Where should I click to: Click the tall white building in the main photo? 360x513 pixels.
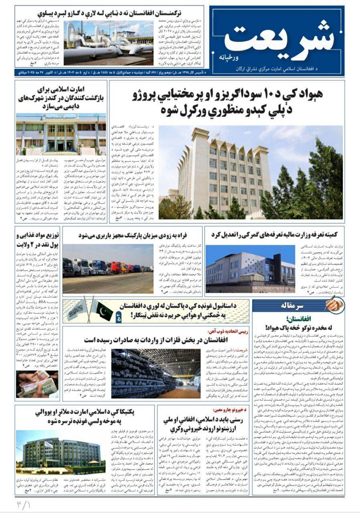point(222,172)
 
